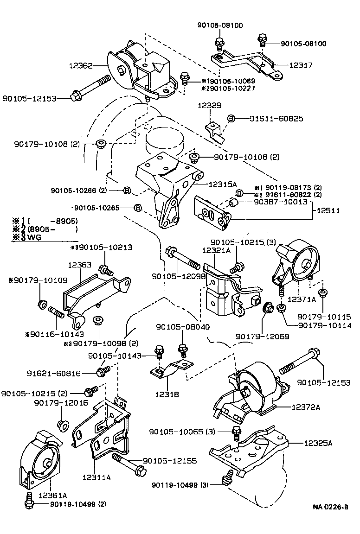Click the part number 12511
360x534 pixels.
328,210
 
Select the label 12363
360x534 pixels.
80,265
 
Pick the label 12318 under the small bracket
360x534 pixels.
167,394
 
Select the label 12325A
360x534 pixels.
318,443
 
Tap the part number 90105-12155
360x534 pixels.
169,461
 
